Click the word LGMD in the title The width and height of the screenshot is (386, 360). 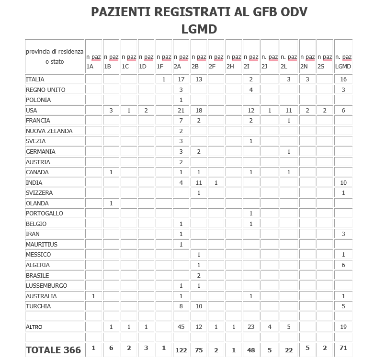(x=199, y=29)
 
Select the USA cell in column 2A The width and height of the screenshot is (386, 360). (x=181, y=111)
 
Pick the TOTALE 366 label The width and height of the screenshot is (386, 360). (x=54, y=350)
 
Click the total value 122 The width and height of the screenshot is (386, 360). (x=181, y=350)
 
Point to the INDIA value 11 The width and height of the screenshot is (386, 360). (x=199, y=182)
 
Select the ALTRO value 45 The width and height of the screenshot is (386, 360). (x=181, y=327)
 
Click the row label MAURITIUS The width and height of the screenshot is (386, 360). (x=42, y=244)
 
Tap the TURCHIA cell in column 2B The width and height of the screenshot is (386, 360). (x=199, y=306)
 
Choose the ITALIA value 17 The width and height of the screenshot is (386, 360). (x=181, y=79)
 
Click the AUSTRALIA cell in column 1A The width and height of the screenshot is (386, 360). (x=93, y=296)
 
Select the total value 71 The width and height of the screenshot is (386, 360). (x=343, y=348)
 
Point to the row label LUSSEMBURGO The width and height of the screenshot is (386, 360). (x=46, y=285)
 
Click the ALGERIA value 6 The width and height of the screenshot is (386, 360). (x=343, y=265)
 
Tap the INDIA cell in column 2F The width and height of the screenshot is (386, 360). (x=216, y=182)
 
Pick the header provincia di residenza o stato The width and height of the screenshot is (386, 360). (x=55, y=56)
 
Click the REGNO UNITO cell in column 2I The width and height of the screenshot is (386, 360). (x=251, y=90)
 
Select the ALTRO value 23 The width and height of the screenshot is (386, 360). (x=251, y=327)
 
